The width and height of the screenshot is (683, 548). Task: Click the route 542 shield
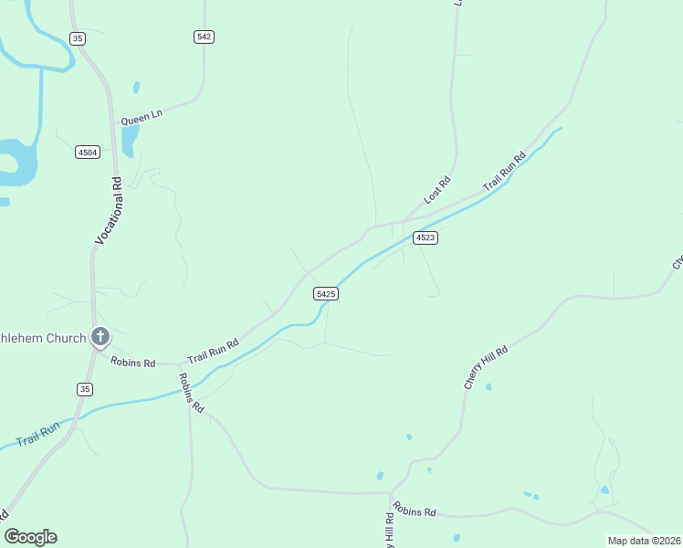[204, 37]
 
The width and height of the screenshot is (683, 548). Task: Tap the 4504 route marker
[87, 153]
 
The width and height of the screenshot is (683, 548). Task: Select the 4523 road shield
[426, 237]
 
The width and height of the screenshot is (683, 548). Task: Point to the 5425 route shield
[326, 293]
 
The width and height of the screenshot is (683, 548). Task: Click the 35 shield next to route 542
[79, 37]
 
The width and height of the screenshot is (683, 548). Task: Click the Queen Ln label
[142, 117]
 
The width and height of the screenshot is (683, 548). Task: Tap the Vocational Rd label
[109, 209]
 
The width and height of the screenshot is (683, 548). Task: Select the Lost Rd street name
[438, 190]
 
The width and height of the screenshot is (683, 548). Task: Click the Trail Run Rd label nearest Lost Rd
[505, 170]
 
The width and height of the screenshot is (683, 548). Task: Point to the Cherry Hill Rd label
[485, 366]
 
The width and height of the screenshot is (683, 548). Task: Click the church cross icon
[100, 337]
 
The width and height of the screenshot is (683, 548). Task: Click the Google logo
[30, 537]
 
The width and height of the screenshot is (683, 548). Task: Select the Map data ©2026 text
[644, 541]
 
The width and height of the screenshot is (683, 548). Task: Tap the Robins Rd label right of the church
[133, 362]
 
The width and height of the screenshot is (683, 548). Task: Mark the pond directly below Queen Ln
[129, 140]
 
